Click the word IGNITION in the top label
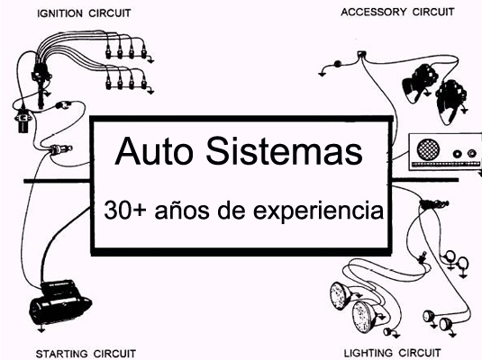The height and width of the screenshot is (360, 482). (59, 13)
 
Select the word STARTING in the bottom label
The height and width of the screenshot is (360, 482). (61, 354)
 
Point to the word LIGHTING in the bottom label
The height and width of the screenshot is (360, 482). (368, 353)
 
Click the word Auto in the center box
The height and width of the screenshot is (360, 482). (154, 151)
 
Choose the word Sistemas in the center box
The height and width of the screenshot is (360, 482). (285, 151)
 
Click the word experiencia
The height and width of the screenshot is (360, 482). (318, 211)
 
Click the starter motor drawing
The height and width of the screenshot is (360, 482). (60, 302)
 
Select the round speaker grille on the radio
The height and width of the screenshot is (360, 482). (428, 149)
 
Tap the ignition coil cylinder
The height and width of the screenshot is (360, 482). (23, 121)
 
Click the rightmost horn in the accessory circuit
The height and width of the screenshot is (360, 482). (450, 102)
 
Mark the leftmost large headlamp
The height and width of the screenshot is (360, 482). (341, 295)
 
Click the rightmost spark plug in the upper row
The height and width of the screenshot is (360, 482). (143, 52)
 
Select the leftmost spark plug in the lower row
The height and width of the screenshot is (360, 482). (108, 82)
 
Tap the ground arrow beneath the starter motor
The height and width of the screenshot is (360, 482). (41, 329)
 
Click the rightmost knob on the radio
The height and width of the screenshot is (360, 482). (471, 153)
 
